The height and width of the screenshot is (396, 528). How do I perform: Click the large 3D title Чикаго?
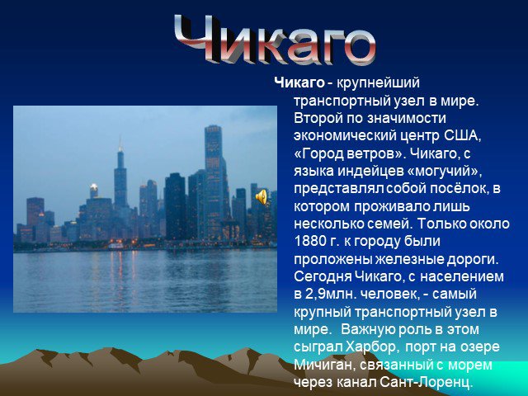click(x=275, y=40)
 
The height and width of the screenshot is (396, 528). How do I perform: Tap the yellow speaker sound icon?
click(x=261, y=196)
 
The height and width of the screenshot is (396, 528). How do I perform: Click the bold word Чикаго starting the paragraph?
click(x=299, y=82)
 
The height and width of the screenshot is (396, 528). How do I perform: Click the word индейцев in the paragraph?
click(x=370, y=171)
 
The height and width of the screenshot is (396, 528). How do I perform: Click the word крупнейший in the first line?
click(x=378, y=82)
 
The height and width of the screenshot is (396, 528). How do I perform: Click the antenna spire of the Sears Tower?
click(x=120, y=144)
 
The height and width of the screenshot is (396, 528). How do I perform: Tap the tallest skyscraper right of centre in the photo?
click(x=214, y=181)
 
